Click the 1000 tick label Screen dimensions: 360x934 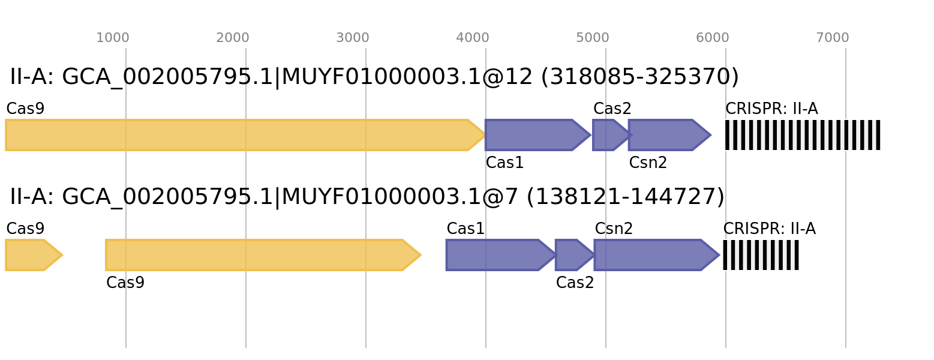[x=113, y=38]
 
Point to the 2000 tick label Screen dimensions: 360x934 [x=233, y=38]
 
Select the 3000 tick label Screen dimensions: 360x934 [x=353, y=38]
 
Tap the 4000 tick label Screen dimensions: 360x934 [x=473, y=38]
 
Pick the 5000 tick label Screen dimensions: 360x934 [x=593, y=38]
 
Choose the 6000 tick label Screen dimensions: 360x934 [x=713, y=38]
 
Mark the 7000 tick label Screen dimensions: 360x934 [x=833, y=38]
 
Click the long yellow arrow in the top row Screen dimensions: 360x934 [x=240, y=135]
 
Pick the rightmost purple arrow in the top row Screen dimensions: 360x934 [x=666, y=135]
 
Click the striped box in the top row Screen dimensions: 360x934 [x=803, y=135]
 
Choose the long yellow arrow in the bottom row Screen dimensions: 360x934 [x=258, y=255]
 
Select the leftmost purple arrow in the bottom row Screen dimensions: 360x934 [x=495, y=255]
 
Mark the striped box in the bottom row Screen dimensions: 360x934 [x=761, y=255]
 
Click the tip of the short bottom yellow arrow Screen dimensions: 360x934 [x=62, y=255]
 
